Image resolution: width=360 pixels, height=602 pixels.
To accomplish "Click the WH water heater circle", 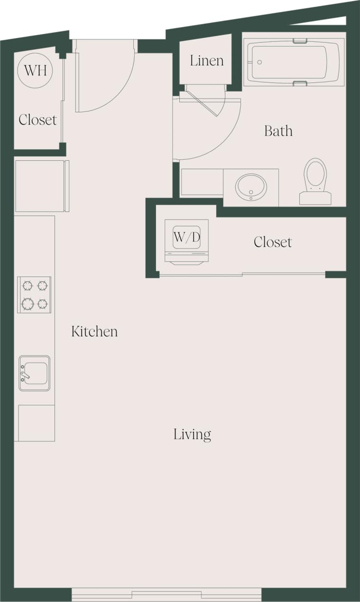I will point(35,71).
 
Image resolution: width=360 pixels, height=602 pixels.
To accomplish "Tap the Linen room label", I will point(207,61).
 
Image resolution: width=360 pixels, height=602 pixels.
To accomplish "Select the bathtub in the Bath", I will point(294,62).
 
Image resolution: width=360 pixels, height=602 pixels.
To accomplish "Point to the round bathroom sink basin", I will point(251,187).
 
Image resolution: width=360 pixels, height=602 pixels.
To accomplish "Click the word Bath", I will point(278,131).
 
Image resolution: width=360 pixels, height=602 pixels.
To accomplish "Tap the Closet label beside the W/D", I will point(273,242).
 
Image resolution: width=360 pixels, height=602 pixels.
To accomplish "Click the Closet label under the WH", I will point(37,120).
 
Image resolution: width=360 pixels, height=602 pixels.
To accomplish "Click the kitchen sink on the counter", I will point(35,373).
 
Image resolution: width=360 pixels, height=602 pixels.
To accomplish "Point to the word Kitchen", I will point(94,331).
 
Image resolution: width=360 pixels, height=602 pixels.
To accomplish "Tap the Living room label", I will point(192,434).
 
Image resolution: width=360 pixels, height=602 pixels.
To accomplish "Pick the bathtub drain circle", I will point(259,62).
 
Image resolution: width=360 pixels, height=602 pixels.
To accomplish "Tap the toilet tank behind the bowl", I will point(315,198).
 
